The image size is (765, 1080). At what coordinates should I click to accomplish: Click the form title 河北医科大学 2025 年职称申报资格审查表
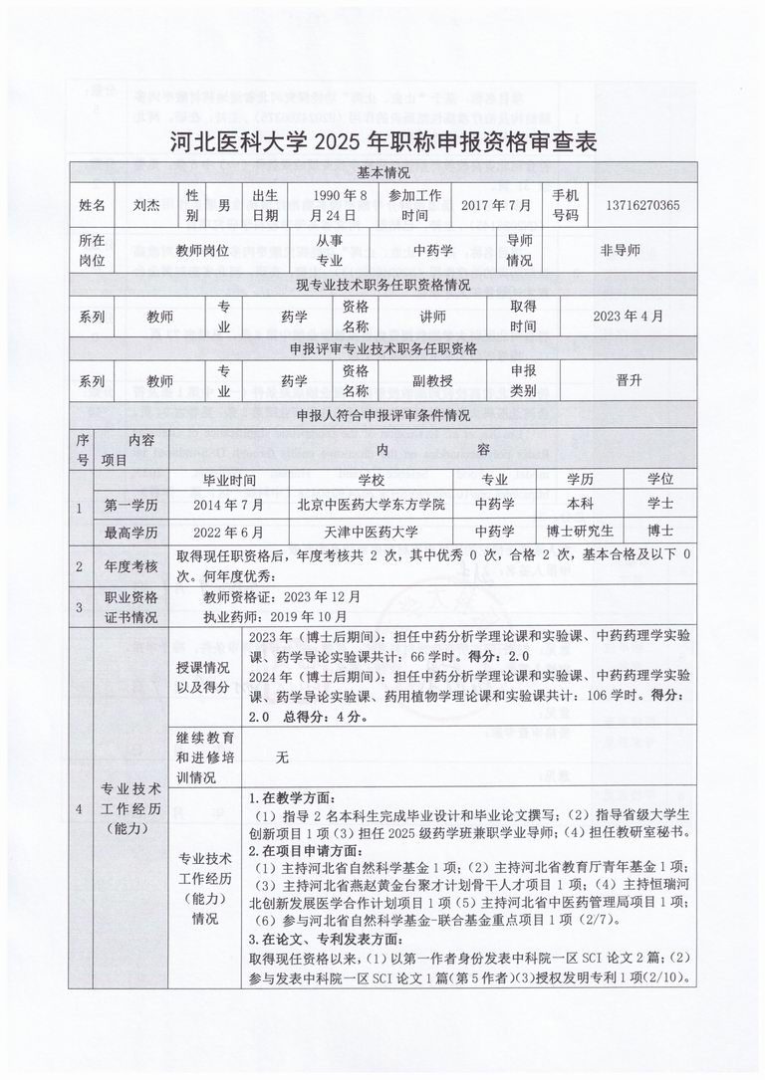(x=383, y=141)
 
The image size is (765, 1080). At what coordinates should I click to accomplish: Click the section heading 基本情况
(x=383, y=172)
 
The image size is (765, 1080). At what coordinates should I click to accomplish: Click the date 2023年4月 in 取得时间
(x=627, y=317)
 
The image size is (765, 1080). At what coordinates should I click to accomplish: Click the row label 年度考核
(x=130, y=565)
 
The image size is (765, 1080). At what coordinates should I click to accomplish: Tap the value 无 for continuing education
(x=282, y=757)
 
